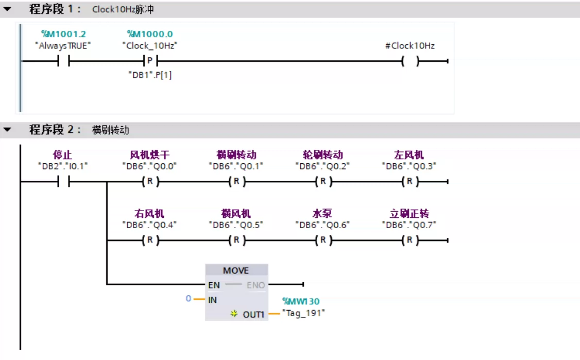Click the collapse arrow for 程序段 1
(7, 9)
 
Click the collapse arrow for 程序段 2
(7, 129)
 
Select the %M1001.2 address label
(64, 34)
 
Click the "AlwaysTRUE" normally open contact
(64, 61)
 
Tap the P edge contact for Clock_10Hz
(150, 61)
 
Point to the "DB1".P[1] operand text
(150, 75)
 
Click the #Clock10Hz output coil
(410, 61)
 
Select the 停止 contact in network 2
(64, 181)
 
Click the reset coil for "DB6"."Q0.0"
(150, 181)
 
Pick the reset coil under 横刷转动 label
(237, 181)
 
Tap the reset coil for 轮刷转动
(323, 181)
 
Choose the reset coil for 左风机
(410, 181)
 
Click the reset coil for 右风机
(150, 240)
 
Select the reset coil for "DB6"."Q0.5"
(237, 240)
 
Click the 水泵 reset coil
(323, 240)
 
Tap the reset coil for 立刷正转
(410, 240)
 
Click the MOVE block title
(236, 270)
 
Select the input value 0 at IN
(189, 298)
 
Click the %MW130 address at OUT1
(301, 301)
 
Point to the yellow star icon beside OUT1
(234, 314)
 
